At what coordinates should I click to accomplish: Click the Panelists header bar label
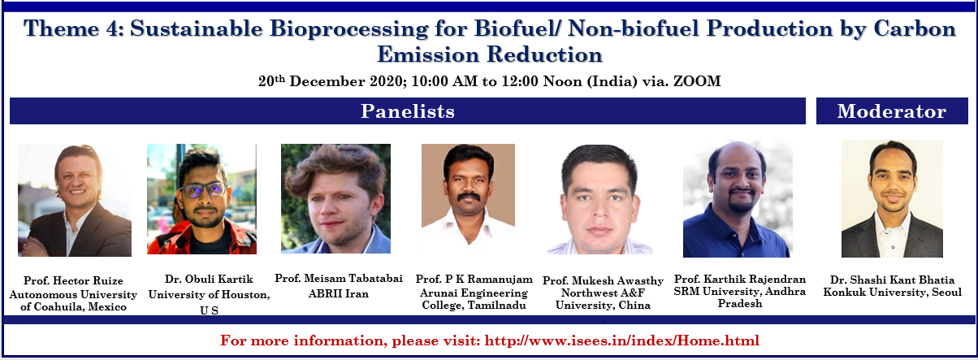(407, 111)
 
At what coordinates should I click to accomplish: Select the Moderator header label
(892, 111)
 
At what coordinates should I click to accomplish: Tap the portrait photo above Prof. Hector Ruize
(75, 200)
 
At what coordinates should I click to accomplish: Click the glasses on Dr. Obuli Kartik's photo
(204, 190)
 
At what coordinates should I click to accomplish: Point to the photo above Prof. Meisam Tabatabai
(335, 199)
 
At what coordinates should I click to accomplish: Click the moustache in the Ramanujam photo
(469, 197)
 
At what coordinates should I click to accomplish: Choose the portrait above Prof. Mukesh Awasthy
(600, 199)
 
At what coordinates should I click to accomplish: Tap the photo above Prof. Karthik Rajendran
(738, 199)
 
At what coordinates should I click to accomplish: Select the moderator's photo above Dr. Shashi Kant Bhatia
(892, 199)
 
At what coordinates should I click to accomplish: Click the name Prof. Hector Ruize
(73, 280)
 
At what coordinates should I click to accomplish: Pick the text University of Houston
(209, 294)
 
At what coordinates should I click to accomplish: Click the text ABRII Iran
(339, 293)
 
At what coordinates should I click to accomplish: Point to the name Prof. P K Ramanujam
(474, 280)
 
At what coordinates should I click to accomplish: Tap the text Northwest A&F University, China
(603, 299)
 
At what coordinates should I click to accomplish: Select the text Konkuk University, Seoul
(893, 292)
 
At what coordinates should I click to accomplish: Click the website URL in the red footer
(621, 340)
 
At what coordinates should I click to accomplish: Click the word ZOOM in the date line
(697, 81)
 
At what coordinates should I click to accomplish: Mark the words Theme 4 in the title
(73, 28)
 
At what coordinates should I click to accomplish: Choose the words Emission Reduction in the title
(490, 54)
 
